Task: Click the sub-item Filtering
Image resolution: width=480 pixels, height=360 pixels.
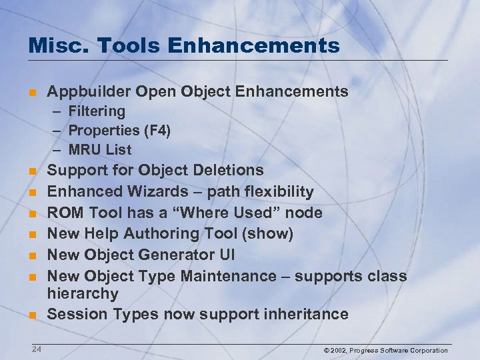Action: click(97, 111)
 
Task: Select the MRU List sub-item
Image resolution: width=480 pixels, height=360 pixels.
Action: click(100, 150)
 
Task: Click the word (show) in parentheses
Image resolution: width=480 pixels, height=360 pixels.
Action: click(270, 233)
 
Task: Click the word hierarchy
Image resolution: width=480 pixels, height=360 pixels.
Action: click(83, 293)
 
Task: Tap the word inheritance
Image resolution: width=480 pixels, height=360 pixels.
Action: click(306, 314)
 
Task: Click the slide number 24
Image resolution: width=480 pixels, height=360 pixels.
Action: click(36, 349)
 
